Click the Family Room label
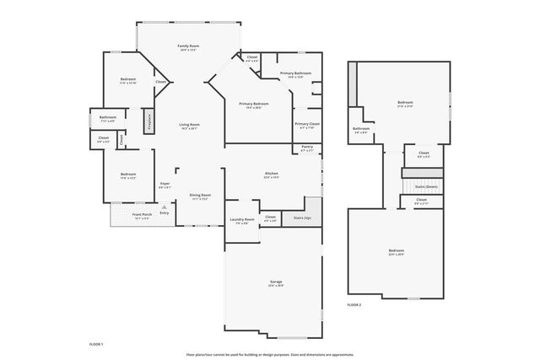[188, 45]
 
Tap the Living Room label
[189, 124]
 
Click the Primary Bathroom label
[296, 73]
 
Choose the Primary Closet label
[307, 124]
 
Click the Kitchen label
[272, 173]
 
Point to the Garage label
[276, 281]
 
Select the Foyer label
[165, 183]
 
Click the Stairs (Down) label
[426, 185]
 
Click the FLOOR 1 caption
[96, 344]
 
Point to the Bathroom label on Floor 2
[361, 128]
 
